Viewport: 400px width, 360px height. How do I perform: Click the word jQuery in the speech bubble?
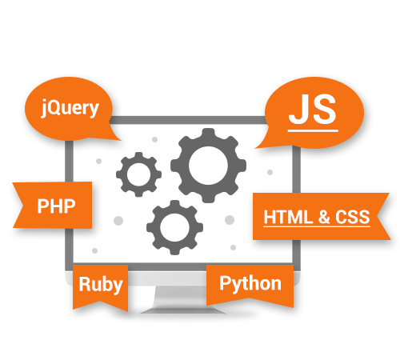70,108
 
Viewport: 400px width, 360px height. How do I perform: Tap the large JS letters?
313,110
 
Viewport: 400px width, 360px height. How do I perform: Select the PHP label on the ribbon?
57,206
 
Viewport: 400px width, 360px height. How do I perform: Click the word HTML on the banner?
288,217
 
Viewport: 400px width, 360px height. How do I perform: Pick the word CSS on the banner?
353,217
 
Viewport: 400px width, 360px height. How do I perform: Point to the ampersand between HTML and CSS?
324,217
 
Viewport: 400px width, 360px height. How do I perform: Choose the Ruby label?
101,285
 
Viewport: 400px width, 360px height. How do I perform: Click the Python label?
250,284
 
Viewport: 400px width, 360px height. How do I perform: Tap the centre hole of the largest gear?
208,166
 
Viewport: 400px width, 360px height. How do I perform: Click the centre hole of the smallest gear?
138,174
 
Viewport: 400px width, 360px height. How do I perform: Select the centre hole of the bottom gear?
174,227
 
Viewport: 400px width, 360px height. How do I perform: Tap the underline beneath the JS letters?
313,130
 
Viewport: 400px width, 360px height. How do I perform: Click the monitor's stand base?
183,310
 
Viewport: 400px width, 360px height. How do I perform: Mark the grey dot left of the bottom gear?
118,221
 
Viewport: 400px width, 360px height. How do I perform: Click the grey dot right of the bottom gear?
230,220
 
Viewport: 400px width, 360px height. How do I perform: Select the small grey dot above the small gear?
154,139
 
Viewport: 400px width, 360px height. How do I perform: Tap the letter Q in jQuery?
53,107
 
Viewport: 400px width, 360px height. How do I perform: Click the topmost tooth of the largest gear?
208,134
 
